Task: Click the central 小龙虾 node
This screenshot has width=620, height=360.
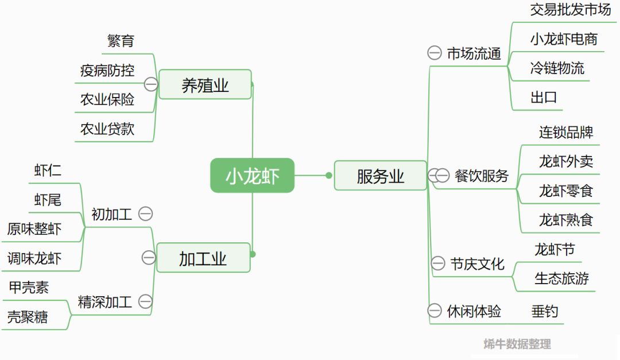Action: tap(252, 175)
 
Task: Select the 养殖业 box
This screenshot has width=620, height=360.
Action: tap(205, 85)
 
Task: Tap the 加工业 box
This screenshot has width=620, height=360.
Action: tap(203, 258)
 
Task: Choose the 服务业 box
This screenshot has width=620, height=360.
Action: tap(380, 175)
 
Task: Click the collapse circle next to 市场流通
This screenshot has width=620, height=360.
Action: tap(435, 53)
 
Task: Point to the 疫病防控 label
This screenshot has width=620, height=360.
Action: tap(107, 70)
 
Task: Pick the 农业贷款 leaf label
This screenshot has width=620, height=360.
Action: tap(107, 129)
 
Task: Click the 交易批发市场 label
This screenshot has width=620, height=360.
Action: tap(570, 10)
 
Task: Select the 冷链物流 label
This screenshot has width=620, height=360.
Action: tap(557, 68)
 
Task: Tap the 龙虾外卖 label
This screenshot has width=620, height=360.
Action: tap(565, 161)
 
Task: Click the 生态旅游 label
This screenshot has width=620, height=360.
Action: tap(561, 278)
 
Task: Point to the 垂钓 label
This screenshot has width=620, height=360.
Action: tap(544, 312)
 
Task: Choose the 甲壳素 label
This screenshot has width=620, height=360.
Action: tap(29, 288)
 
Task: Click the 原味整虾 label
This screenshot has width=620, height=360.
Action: tap(34, 229)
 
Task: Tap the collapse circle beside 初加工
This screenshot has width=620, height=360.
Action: tap(146, 214)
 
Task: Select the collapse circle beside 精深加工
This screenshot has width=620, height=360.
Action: tap(146, 301)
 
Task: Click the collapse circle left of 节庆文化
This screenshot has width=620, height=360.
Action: tap(437, 264)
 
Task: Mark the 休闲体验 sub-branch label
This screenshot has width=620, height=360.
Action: tap(474, 311)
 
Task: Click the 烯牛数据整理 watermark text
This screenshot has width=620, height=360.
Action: tap(517, 344)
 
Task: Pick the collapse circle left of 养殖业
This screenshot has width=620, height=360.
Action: tap(151, 84)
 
